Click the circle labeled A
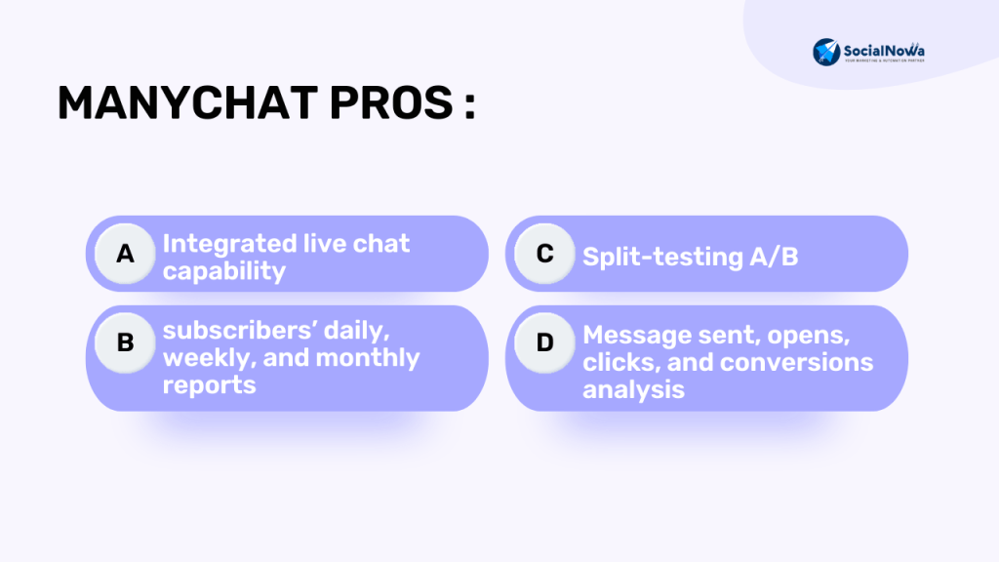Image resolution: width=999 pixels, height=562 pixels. pos(125,254)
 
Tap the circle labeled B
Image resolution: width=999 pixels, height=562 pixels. pos(125,342)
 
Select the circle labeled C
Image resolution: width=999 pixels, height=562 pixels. pos(544,254)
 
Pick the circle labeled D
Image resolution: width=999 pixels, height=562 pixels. pos(544,342)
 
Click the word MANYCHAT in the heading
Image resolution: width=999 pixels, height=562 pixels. pos(188,102)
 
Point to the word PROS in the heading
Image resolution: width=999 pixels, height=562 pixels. pos(391,102)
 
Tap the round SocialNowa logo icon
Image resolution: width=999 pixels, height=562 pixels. pos(826,52)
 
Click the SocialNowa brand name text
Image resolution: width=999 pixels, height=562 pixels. pos(884,51)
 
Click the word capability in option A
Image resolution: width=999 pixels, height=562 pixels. pos(224,271)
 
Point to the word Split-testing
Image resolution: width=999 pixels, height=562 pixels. pos(662,257)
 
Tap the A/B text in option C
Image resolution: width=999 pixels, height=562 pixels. pos(774,257)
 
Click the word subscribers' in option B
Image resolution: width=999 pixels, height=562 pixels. pos(240,330)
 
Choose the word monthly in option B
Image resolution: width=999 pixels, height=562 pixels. pos(368,358)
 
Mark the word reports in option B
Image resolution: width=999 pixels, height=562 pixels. pos(209,385)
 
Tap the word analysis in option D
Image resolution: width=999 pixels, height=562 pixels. pos(633,390)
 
